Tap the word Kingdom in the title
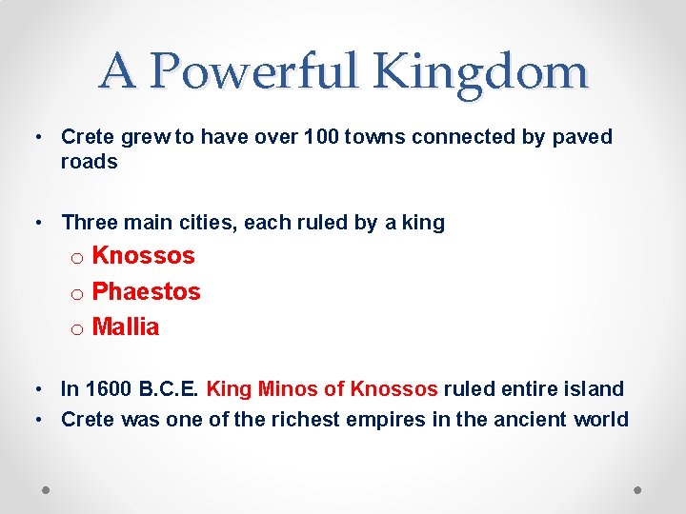point(482,72)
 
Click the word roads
point(89,162)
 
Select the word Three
point(89,223)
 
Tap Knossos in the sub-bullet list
point(143,256)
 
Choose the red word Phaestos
point(146,291)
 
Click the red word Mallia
point(126,327)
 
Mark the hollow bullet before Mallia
point(77,329)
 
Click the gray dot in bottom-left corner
point(47,488)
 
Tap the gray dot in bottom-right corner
point(638,488)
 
